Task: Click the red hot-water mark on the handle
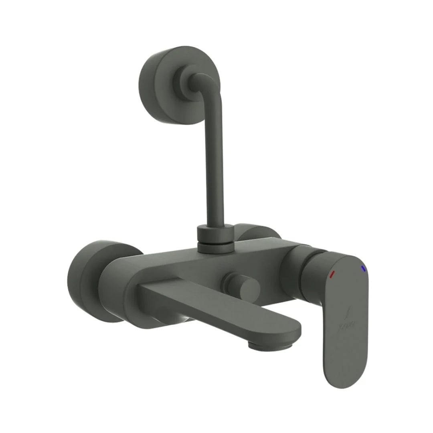click(332, 275)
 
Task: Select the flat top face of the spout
click(225, 305)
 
